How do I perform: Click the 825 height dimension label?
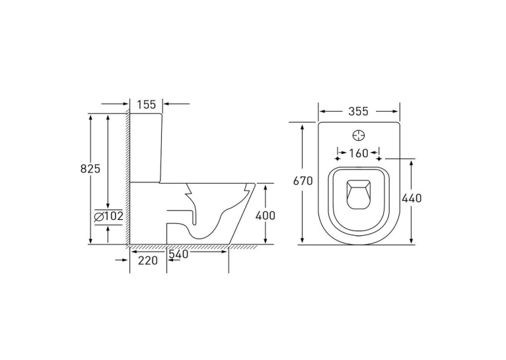90,168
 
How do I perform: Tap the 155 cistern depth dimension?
146,104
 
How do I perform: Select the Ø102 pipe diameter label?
109,216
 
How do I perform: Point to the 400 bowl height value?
266,215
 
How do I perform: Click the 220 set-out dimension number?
148,260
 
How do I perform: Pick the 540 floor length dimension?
178,254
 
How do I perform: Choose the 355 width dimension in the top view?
358,111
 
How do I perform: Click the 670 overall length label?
303,181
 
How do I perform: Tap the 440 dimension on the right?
412,198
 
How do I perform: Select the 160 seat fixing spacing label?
358,153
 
